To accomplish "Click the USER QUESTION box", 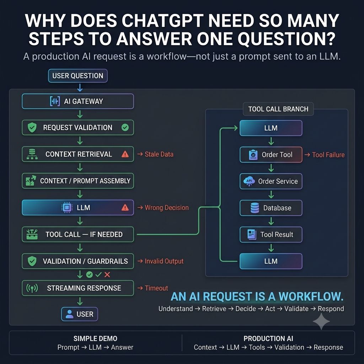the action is click(78, 76).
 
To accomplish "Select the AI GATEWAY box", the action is click(78, 101).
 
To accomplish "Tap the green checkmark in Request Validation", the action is click(125, 127).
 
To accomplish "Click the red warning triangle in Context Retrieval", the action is click(125, 154).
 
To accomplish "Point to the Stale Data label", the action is click(159, 154).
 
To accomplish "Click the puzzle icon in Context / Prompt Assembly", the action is click(31, 181).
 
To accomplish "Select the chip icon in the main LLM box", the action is click(67, 207).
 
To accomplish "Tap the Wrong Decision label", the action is click(167, 208).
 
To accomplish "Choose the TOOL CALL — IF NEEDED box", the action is click(78, 234).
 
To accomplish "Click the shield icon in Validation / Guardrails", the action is click(32, 261).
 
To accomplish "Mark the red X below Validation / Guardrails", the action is click(107, 275).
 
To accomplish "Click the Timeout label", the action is click(156, 288).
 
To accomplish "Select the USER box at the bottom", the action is click(79, 314).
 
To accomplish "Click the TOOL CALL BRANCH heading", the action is click(278, 109).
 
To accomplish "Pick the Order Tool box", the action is click(271, 155).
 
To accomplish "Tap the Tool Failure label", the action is click(328, 155).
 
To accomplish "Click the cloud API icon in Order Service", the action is click(249, 181).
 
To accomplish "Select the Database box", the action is click(271, 208).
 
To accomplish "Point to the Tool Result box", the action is click(271, 235).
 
